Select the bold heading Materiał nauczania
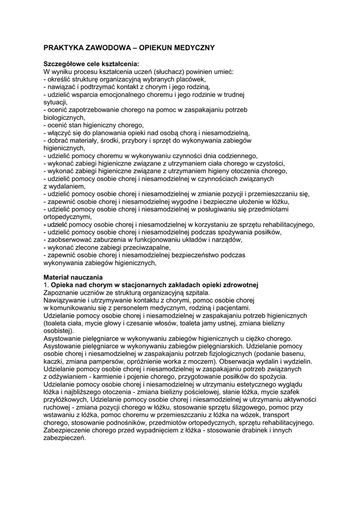point(73,277)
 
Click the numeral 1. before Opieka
point(46,285)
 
